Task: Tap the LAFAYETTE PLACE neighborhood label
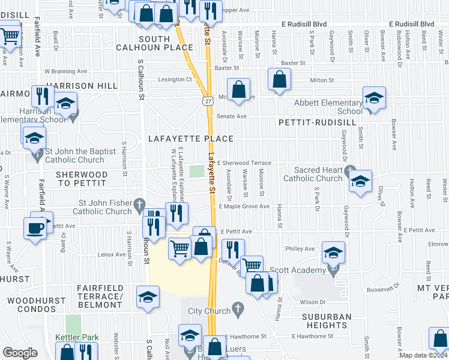(190, 139)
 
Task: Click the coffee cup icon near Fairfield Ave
(35, 227)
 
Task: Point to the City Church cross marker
(238, 310)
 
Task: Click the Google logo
(20, 353)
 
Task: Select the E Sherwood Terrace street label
(244, 163)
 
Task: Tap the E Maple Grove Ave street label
(244, 206)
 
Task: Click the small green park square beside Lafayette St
(196, 172)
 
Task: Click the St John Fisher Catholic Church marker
(139, 204)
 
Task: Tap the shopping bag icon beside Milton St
(280, 79)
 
